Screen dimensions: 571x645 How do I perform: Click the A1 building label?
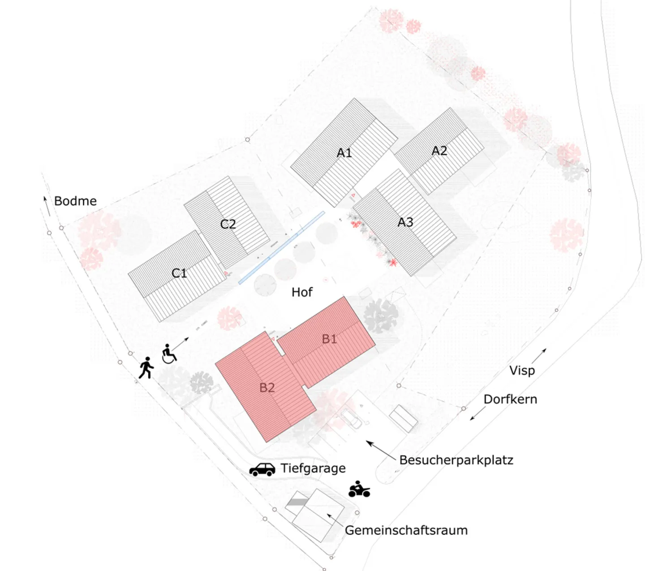tap(344, 153)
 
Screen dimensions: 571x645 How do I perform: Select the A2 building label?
tap(439, 151)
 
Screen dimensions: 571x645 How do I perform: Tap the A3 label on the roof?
tap(405, 222)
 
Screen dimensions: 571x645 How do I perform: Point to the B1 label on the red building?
tap(329, 339)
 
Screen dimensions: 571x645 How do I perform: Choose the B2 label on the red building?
tap(267, 388)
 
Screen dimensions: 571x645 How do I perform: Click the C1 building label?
tap(179, 273)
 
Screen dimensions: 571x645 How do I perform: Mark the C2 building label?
tap(228, 224)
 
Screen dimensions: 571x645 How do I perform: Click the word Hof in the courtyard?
tap(302, 292)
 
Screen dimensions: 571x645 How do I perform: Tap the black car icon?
tap(262, 469)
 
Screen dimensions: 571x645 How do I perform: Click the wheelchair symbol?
tap(168, 354)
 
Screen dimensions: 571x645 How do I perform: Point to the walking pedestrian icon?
tap(146, 368)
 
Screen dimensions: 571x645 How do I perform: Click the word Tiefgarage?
tap(313, 468)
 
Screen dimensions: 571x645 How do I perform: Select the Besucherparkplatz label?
tap(456, 460)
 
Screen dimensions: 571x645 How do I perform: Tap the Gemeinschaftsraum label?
tap(406, 530)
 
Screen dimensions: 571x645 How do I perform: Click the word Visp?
tap(522, 371)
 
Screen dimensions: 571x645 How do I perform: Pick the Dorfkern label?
tap(510, 399)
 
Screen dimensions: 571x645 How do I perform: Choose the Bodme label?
tap(75, 201)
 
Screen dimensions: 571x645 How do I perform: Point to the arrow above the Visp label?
tap(539, 355)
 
